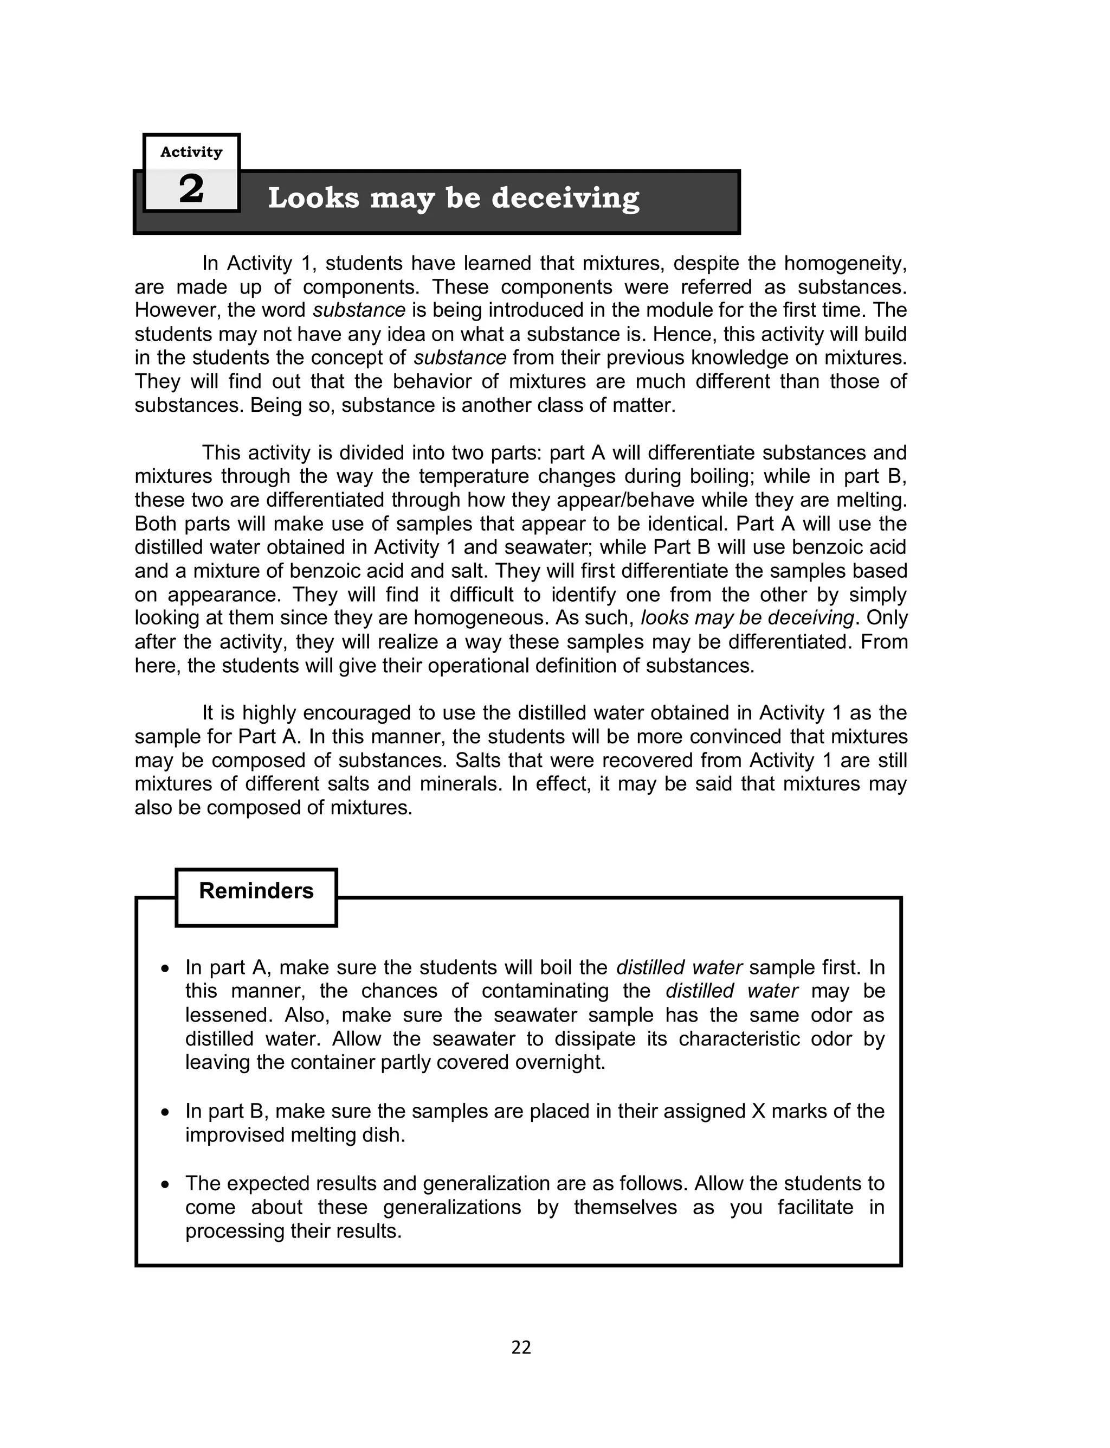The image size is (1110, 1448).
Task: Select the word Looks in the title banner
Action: click(x=314, y=199)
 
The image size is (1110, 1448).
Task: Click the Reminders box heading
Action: click(x=256, y=891)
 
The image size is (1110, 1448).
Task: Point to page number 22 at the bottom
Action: click(x=521, y=1348)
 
